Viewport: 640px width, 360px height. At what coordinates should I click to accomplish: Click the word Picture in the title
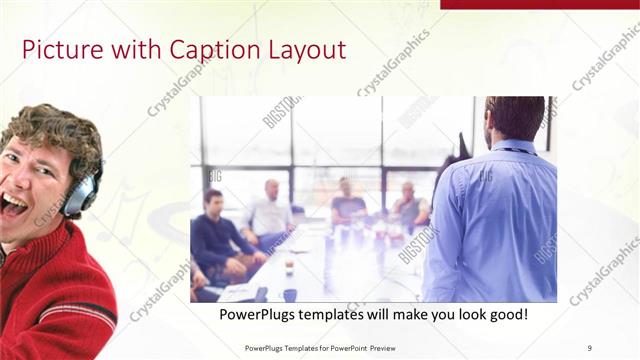pyautogui.click(x=56, y=50)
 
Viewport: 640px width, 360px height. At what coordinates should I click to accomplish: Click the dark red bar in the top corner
pyautogui.click(x=539, y=4)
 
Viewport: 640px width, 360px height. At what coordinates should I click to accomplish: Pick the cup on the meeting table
pyautogui.click(x=288, y=267)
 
